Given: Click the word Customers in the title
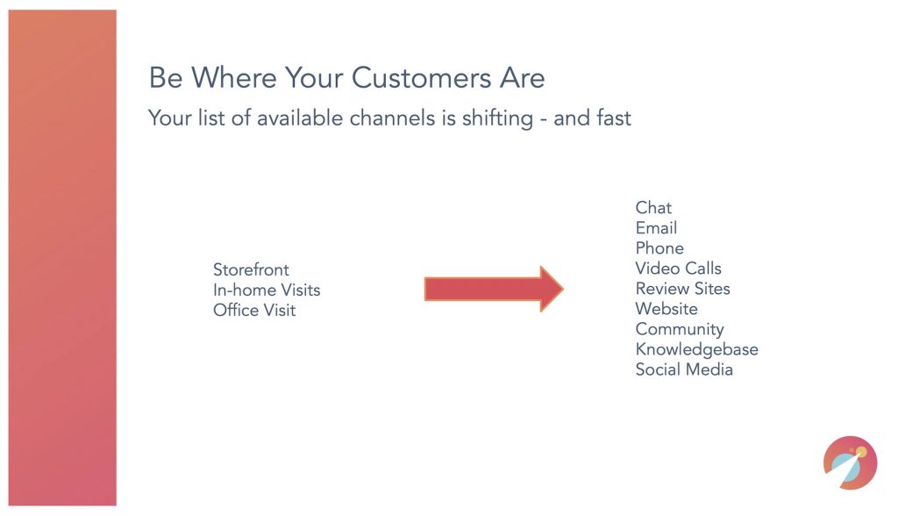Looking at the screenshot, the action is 421,77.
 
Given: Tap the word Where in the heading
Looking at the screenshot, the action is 233,77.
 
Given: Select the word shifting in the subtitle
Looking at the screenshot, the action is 498,118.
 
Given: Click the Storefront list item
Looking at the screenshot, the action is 251,269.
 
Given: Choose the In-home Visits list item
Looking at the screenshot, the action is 267,290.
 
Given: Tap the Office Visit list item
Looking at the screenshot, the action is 254,310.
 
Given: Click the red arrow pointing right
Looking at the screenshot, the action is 494,289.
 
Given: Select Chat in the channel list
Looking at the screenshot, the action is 653,208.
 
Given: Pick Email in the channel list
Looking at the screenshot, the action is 656,227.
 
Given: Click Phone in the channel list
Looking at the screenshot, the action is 659,248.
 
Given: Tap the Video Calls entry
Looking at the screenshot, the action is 678,269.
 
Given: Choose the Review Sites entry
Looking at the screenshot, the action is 682,289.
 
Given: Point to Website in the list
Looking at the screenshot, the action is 666,309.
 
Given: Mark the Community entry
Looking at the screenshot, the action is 680,330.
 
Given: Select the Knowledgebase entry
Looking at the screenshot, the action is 697,349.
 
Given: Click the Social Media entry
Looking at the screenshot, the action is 684,369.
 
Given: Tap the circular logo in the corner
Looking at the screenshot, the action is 850,462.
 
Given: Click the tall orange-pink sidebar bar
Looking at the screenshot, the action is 62,257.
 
